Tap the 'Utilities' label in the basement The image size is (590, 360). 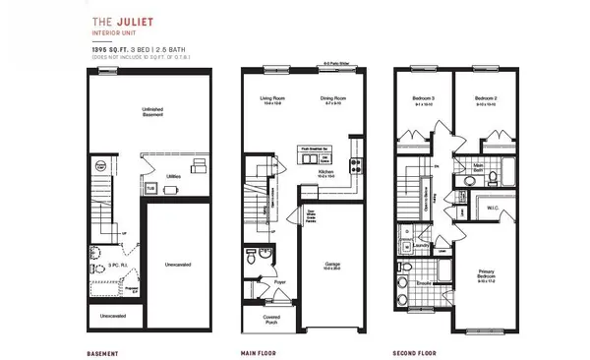[x=172, y=176]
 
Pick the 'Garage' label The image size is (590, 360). [x=331, y=264]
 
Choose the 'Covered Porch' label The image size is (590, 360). [x=271, y=319]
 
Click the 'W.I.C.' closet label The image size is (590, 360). [x=494, y=207]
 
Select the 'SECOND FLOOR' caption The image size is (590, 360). [x=420, y=351]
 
